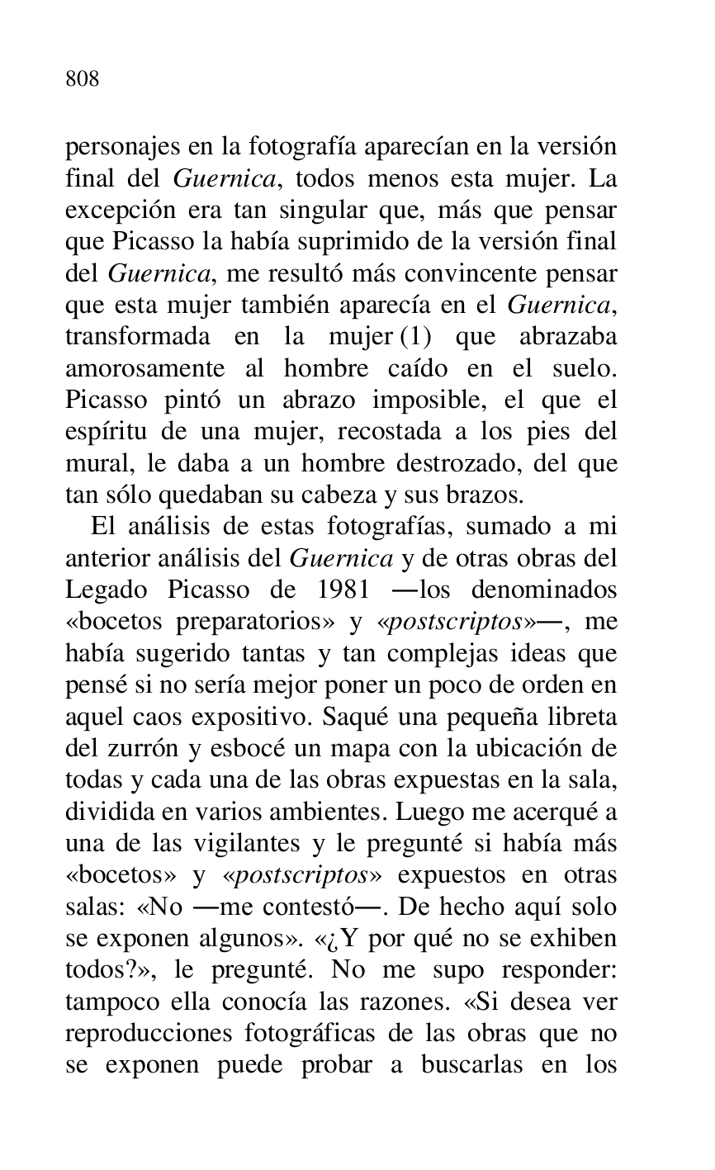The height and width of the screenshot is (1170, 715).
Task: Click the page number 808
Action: (83, 79)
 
